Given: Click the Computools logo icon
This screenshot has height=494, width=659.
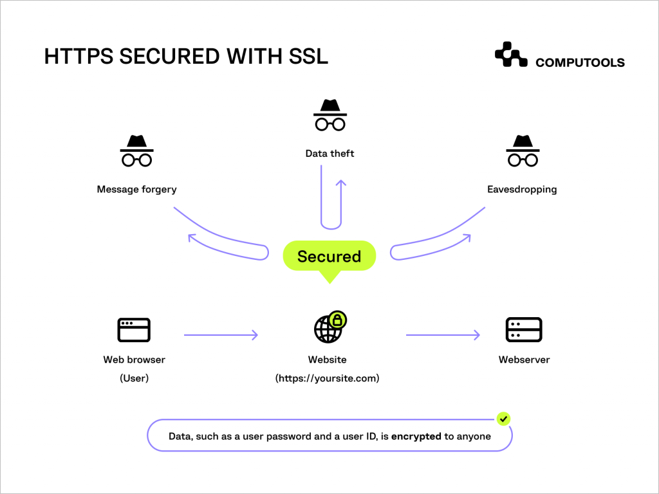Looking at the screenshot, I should (x=511, y=55).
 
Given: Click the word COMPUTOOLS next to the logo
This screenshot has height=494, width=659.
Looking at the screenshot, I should (x=580, y=62).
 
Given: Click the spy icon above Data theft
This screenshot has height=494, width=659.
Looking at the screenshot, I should (x=329, y=115).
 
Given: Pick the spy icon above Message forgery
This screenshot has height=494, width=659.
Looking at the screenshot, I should (x=136, y=151).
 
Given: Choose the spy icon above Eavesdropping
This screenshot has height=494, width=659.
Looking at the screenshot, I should (x=522, y=151).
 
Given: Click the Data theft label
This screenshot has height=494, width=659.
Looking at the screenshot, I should (x=329, y=154).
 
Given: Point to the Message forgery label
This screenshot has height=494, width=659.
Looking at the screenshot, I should (x=136, y=190).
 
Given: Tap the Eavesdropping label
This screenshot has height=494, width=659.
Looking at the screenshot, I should (x=522, y=190).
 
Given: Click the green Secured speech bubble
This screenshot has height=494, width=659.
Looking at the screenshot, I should (x=329, y=257).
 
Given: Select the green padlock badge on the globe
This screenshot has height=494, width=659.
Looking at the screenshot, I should (x=337, y=319).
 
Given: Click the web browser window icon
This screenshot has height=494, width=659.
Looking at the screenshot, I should (x=134, y=329).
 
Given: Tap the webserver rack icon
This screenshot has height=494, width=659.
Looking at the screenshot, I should (x=524, y=329).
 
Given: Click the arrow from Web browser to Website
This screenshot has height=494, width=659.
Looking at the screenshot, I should (x=221, y=335).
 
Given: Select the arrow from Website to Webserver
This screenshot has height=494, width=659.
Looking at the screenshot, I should (x=443, y=335).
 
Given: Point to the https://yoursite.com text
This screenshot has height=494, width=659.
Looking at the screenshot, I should (x=328, y=378).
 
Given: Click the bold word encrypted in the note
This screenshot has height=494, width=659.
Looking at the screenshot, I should (x=416, y=436).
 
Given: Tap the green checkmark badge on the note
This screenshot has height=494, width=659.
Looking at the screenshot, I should (x=504, y=419).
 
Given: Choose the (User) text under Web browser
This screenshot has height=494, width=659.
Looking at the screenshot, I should (x=134, y=378).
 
